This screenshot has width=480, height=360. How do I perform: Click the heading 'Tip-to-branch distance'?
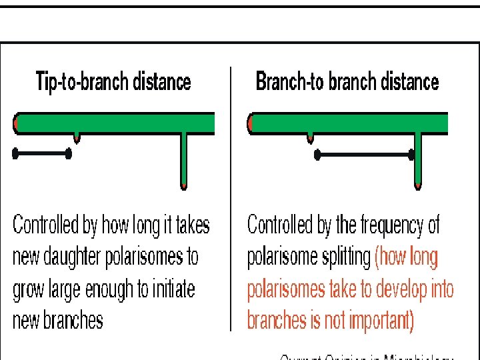(113, 82)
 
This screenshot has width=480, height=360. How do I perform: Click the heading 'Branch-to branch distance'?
(347, 82)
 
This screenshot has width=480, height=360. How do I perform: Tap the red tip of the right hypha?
(251, 123)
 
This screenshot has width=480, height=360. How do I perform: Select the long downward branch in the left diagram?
(184, 160)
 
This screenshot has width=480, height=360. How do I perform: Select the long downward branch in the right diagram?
(418, 160)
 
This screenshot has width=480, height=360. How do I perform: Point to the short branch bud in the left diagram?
(77, 137)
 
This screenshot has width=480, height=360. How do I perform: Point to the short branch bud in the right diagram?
(310, 137)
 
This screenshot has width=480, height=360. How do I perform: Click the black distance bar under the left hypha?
(43, 154)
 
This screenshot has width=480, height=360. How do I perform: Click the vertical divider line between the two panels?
(231, 200)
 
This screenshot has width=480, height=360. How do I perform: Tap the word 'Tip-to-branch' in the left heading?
(79, 82)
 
